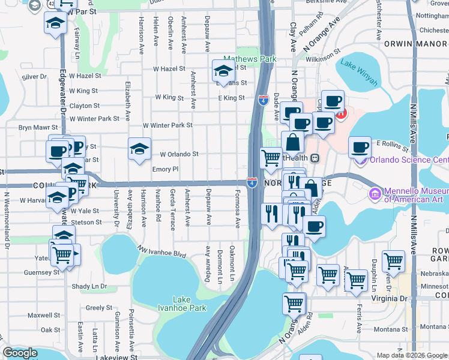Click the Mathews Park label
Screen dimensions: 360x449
(250, 59)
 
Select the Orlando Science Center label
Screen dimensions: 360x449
(409, 160)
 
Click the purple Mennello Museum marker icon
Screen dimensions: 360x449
(375, 194)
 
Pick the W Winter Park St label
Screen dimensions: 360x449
(167, 125)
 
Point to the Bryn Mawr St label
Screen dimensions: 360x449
(38, 127)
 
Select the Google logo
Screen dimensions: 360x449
(20, 353)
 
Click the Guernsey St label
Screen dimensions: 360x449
(43, 272)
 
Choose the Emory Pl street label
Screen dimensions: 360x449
(166, 169)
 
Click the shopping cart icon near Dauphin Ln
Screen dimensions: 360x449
(393, 261)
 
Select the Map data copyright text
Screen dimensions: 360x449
(412, 355)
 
